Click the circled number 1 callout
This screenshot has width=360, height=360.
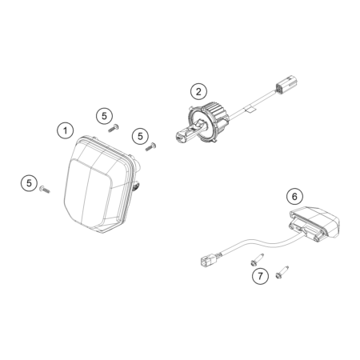[x=65, y=130]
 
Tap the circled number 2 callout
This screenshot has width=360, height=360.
[x=198, y=91]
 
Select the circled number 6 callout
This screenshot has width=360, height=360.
[x=294, y=197]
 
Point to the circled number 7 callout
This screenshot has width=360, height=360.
[x=260, y=276]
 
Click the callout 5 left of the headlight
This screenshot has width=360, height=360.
[x=29, y=183]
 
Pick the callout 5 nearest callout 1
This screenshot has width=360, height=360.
[x=104, y=116]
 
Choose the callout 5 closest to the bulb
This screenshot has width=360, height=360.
[x=140, y=136]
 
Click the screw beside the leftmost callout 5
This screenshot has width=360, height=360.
[x=45, y=190]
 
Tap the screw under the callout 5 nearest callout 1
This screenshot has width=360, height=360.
[x=114, y=128]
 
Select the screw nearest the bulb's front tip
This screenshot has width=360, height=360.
[x=150, y=147]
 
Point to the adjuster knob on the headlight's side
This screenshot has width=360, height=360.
[x=137, y=186]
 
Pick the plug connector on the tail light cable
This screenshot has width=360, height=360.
[x=208, y=259]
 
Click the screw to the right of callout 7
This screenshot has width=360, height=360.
[x=282, y=273]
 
